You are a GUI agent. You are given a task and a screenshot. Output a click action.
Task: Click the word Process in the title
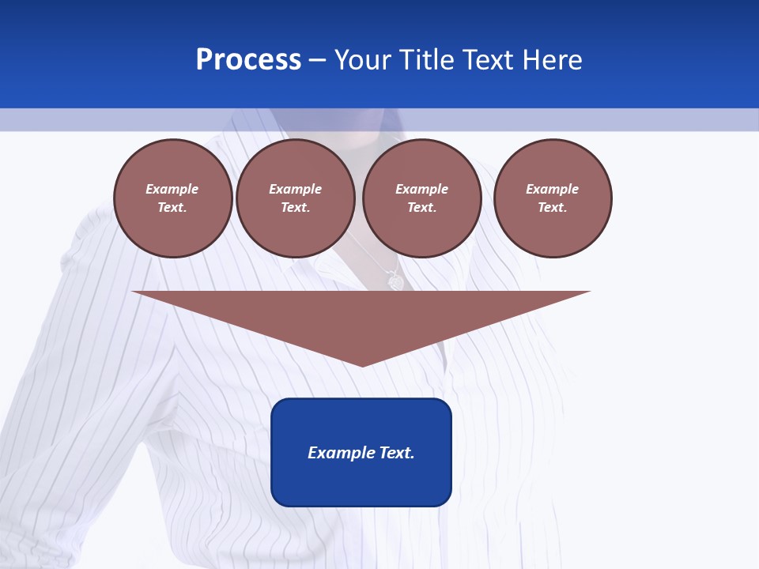coord(248,60)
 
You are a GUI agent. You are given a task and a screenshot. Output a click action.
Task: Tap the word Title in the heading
coord(426,60)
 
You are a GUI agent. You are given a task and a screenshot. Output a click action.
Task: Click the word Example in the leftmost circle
coord(172,189)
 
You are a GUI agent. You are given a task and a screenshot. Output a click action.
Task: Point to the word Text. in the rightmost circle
coord(553,207)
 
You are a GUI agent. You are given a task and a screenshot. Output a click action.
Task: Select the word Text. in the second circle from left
coord(296,207)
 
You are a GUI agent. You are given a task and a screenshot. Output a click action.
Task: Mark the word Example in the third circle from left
coord(422,189)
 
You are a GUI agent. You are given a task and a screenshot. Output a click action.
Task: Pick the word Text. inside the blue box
coord(395,453)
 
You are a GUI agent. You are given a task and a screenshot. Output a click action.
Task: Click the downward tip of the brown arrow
coord(362,364)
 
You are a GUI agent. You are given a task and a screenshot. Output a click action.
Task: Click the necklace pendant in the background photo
coord(395,281)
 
